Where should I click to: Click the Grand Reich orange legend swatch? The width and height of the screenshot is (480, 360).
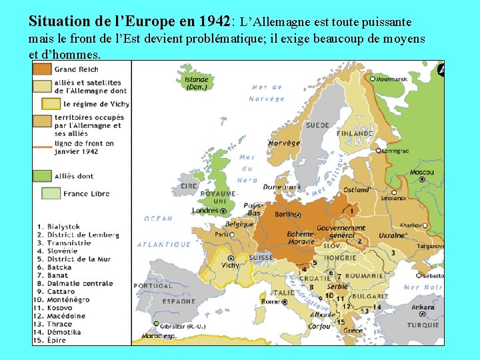click(x=43, y=69)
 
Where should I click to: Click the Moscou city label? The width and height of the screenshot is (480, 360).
click(x=421, y=172)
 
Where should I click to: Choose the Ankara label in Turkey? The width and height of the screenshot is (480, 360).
click(x=423, y=307)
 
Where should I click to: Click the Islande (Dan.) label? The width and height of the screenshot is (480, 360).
click(x=197, y=83)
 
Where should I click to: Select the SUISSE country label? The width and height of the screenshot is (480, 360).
click(x=261, y=257)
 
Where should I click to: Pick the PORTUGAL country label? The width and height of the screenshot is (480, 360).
click(x=153, y=285)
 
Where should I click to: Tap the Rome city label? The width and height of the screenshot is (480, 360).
click(x=271, y=301)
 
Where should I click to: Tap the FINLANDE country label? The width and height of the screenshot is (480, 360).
click(x=355, y=133)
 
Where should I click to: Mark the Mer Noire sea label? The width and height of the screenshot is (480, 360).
click(x=423, y=287)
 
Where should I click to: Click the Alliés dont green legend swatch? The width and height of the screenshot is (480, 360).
click(x=43, y=177)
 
